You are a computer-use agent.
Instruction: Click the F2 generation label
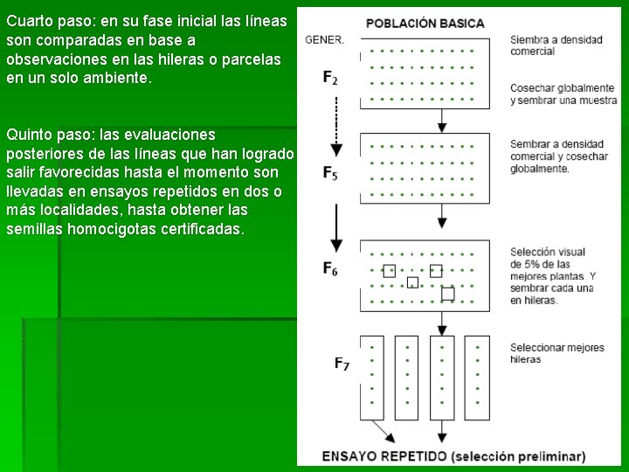[330, 78]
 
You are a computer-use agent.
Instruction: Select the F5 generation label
[330, 173]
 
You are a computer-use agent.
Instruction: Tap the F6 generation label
[330, 268]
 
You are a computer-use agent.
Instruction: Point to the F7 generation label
[342, 364]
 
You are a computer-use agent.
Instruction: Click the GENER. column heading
[324, 39]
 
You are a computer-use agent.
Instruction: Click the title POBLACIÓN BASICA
[425, 23]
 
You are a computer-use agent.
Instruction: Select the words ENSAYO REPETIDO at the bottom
[384, 456]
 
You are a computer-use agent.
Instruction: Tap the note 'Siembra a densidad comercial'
[543, 45]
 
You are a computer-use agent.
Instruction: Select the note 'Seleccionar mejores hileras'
[556, 353]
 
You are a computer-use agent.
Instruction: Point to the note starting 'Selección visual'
[552, 276]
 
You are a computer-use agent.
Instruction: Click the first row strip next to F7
[373, 377]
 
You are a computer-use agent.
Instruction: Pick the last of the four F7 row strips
[477, 377]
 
